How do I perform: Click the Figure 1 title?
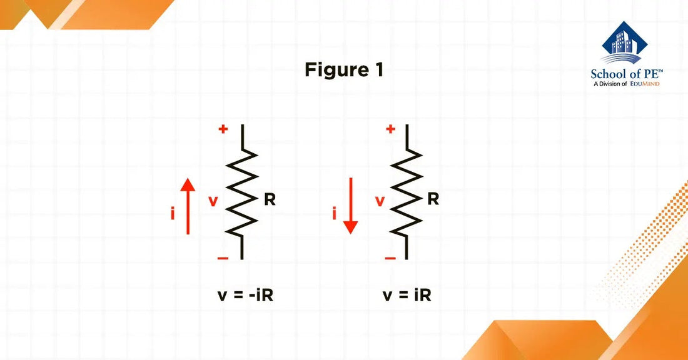343,70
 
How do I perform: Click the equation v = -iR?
245,295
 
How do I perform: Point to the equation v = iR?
407,295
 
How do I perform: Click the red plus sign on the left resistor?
223,129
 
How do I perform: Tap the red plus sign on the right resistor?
390,129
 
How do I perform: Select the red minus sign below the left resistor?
223,257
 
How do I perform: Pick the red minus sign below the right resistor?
390,257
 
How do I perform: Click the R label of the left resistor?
270,201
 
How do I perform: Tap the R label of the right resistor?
433,200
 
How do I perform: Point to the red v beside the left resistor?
213,201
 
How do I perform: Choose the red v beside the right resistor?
380,201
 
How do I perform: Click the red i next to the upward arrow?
173,214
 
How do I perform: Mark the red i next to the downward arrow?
335,214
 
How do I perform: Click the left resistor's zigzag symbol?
241,192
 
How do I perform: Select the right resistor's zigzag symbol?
407,192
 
